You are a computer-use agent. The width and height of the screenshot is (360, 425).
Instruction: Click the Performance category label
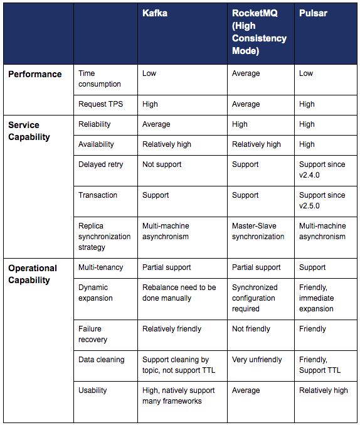point(35,74)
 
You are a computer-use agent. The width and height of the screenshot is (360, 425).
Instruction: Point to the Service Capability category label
point(29,131)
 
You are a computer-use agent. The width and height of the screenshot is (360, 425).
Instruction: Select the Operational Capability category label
point(33,274)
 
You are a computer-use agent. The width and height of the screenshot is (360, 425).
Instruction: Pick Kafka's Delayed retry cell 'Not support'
point(162,164)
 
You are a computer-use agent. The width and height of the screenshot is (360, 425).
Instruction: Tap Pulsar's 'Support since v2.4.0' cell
point(322,169)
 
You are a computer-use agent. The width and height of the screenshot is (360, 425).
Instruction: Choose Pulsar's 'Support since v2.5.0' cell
point(322,200)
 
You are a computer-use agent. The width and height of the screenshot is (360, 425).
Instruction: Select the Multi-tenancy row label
point(101,267)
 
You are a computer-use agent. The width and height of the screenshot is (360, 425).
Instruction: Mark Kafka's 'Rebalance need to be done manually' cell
point(179,293)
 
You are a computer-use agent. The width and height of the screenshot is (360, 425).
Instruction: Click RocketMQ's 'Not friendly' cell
point(251,329)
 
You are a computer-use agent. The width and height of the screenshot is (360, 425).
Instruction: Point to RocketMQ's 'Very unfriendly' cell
point(257,360)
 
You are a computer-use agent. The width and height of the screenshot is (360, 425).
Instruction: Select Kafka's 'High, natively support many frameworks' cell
point(179,395)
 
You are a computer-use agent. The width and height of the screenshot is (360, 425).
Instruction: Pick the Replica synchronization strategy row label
point(104,236)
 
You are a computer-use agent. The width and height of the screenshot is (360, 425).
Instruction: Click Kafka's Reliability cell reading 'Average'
point(156,124)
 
